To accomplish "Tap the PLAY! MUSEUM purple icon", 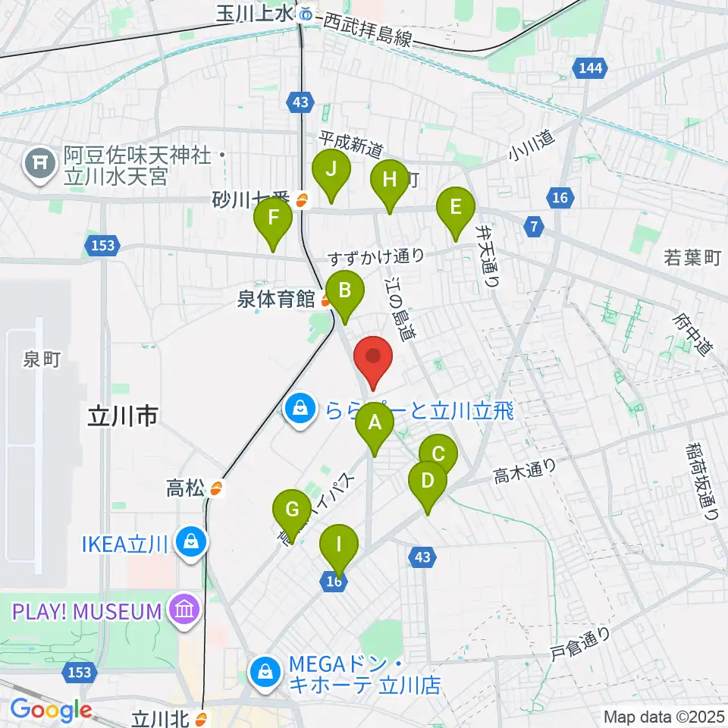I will tap(184, 610).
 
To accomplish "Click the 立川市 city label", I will tap(122, 416).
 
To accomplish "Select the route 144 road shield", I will tap(590, 68).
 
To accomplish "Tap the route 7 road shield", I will tap(535, 225).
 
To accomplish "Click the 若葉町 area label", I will tap(691, 258).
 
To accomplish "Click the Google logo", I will tap(51, 710).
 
